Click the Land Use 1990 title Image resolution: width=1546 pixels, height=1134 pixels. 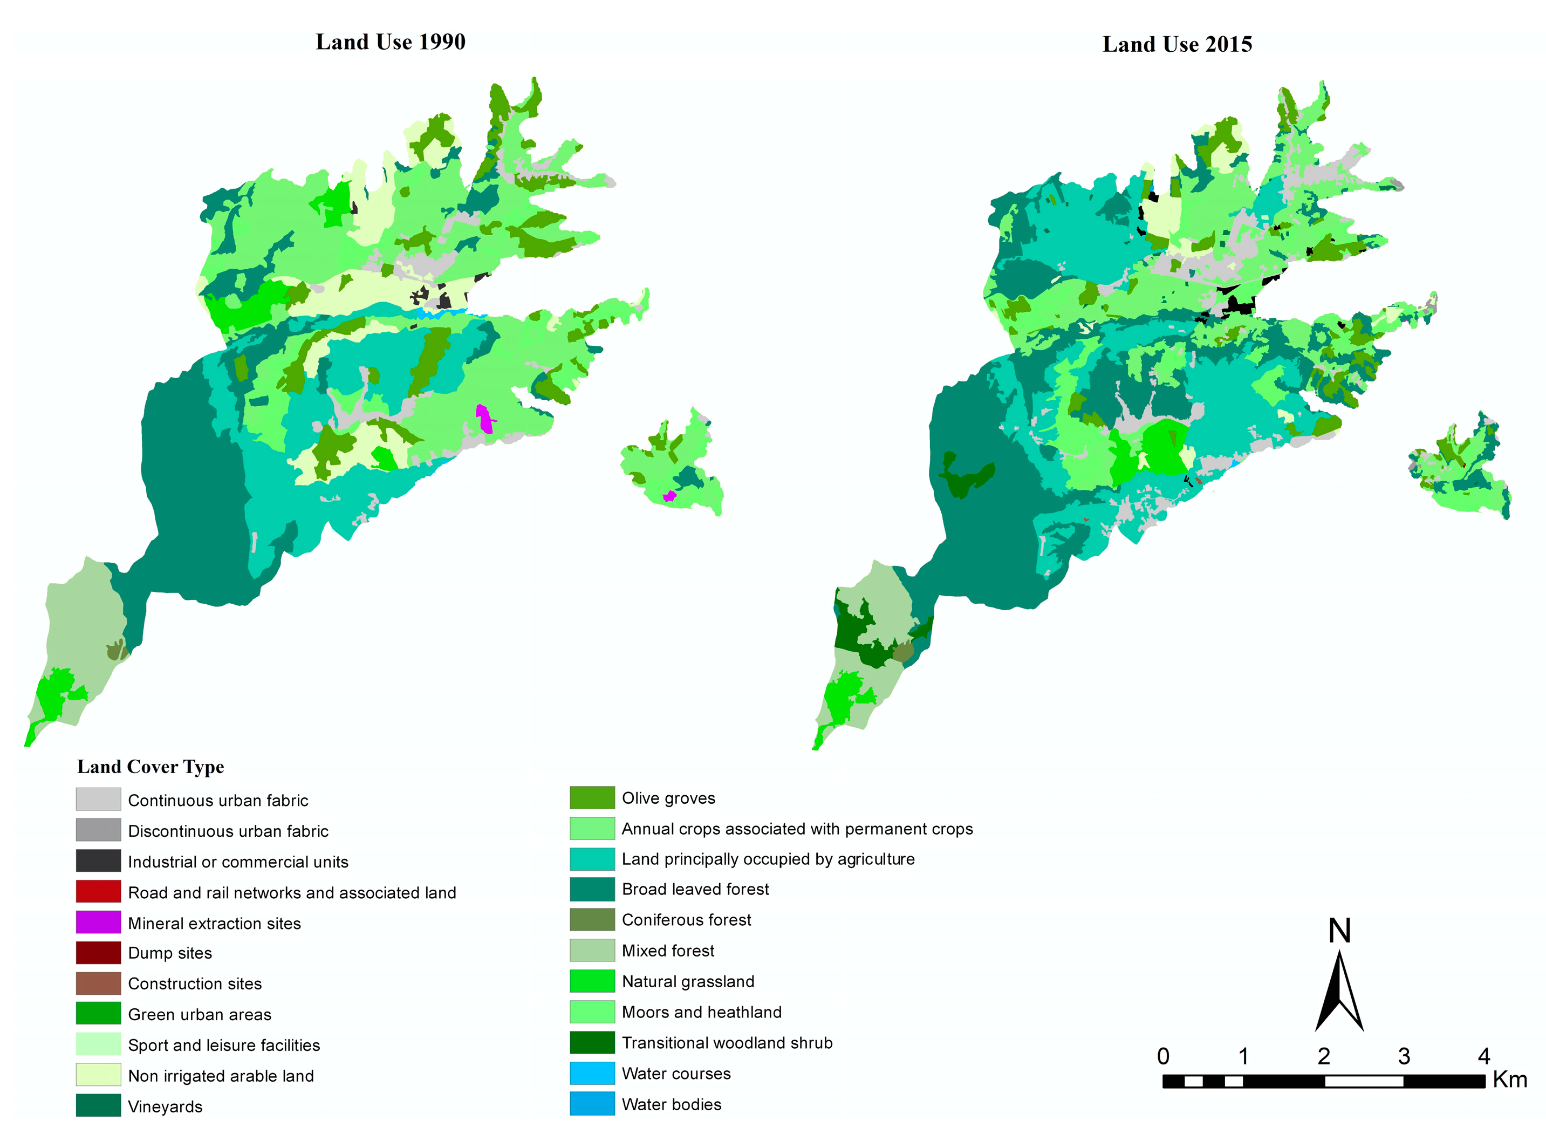pyautogui.click(x=391, y=42)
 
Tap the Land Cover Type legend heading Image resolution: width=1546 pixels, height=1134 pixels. pyautogui.click(x=151, y=767)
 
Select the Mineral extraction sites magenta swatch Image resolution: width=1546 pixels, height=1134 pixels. pyautogui.click(x=98, y=922)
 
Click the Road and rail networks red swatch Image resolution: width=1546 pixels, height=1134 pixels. pyautogui.click(x=98, y=891)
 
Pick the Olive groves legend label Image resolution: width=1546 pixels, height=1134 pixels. pyautogui.click(x=668, y=798)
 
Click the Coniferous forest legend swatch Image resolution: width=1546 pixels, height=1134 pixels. pyautogui.click(x=592, y=919)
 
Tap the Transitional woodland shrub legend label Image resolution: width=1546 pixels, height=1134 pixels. pyautogui.click(x=727, y=1043)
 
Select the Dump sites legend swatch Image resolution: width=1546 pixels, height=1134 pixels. pyautogui.click(x=98, y=953)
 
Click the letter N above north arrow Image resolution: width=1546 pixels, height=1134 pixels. pyautogui.click(x=1339, y=932)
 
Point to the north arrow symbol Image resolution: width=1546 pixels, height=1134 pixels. pyautogui.click(x=1339, y=992)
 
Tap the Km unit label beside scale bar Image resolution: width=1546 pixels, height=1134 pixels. pyautogui.click(x=1510, y=1080)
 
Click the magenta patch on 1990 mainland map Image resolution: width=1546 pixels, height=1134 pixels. pyautogui.click(x=484, y=419)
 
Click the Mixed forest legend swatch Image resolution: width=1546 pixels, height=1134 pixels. pyautogui.click(x=592, y=950)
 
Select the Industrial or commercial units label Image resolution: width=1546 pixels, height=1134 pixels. pyautogui.click(x=237, y=862)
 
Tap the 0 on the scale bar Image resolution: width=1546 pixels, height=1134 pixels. pyautogui.click(x=1162, y=1056)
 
